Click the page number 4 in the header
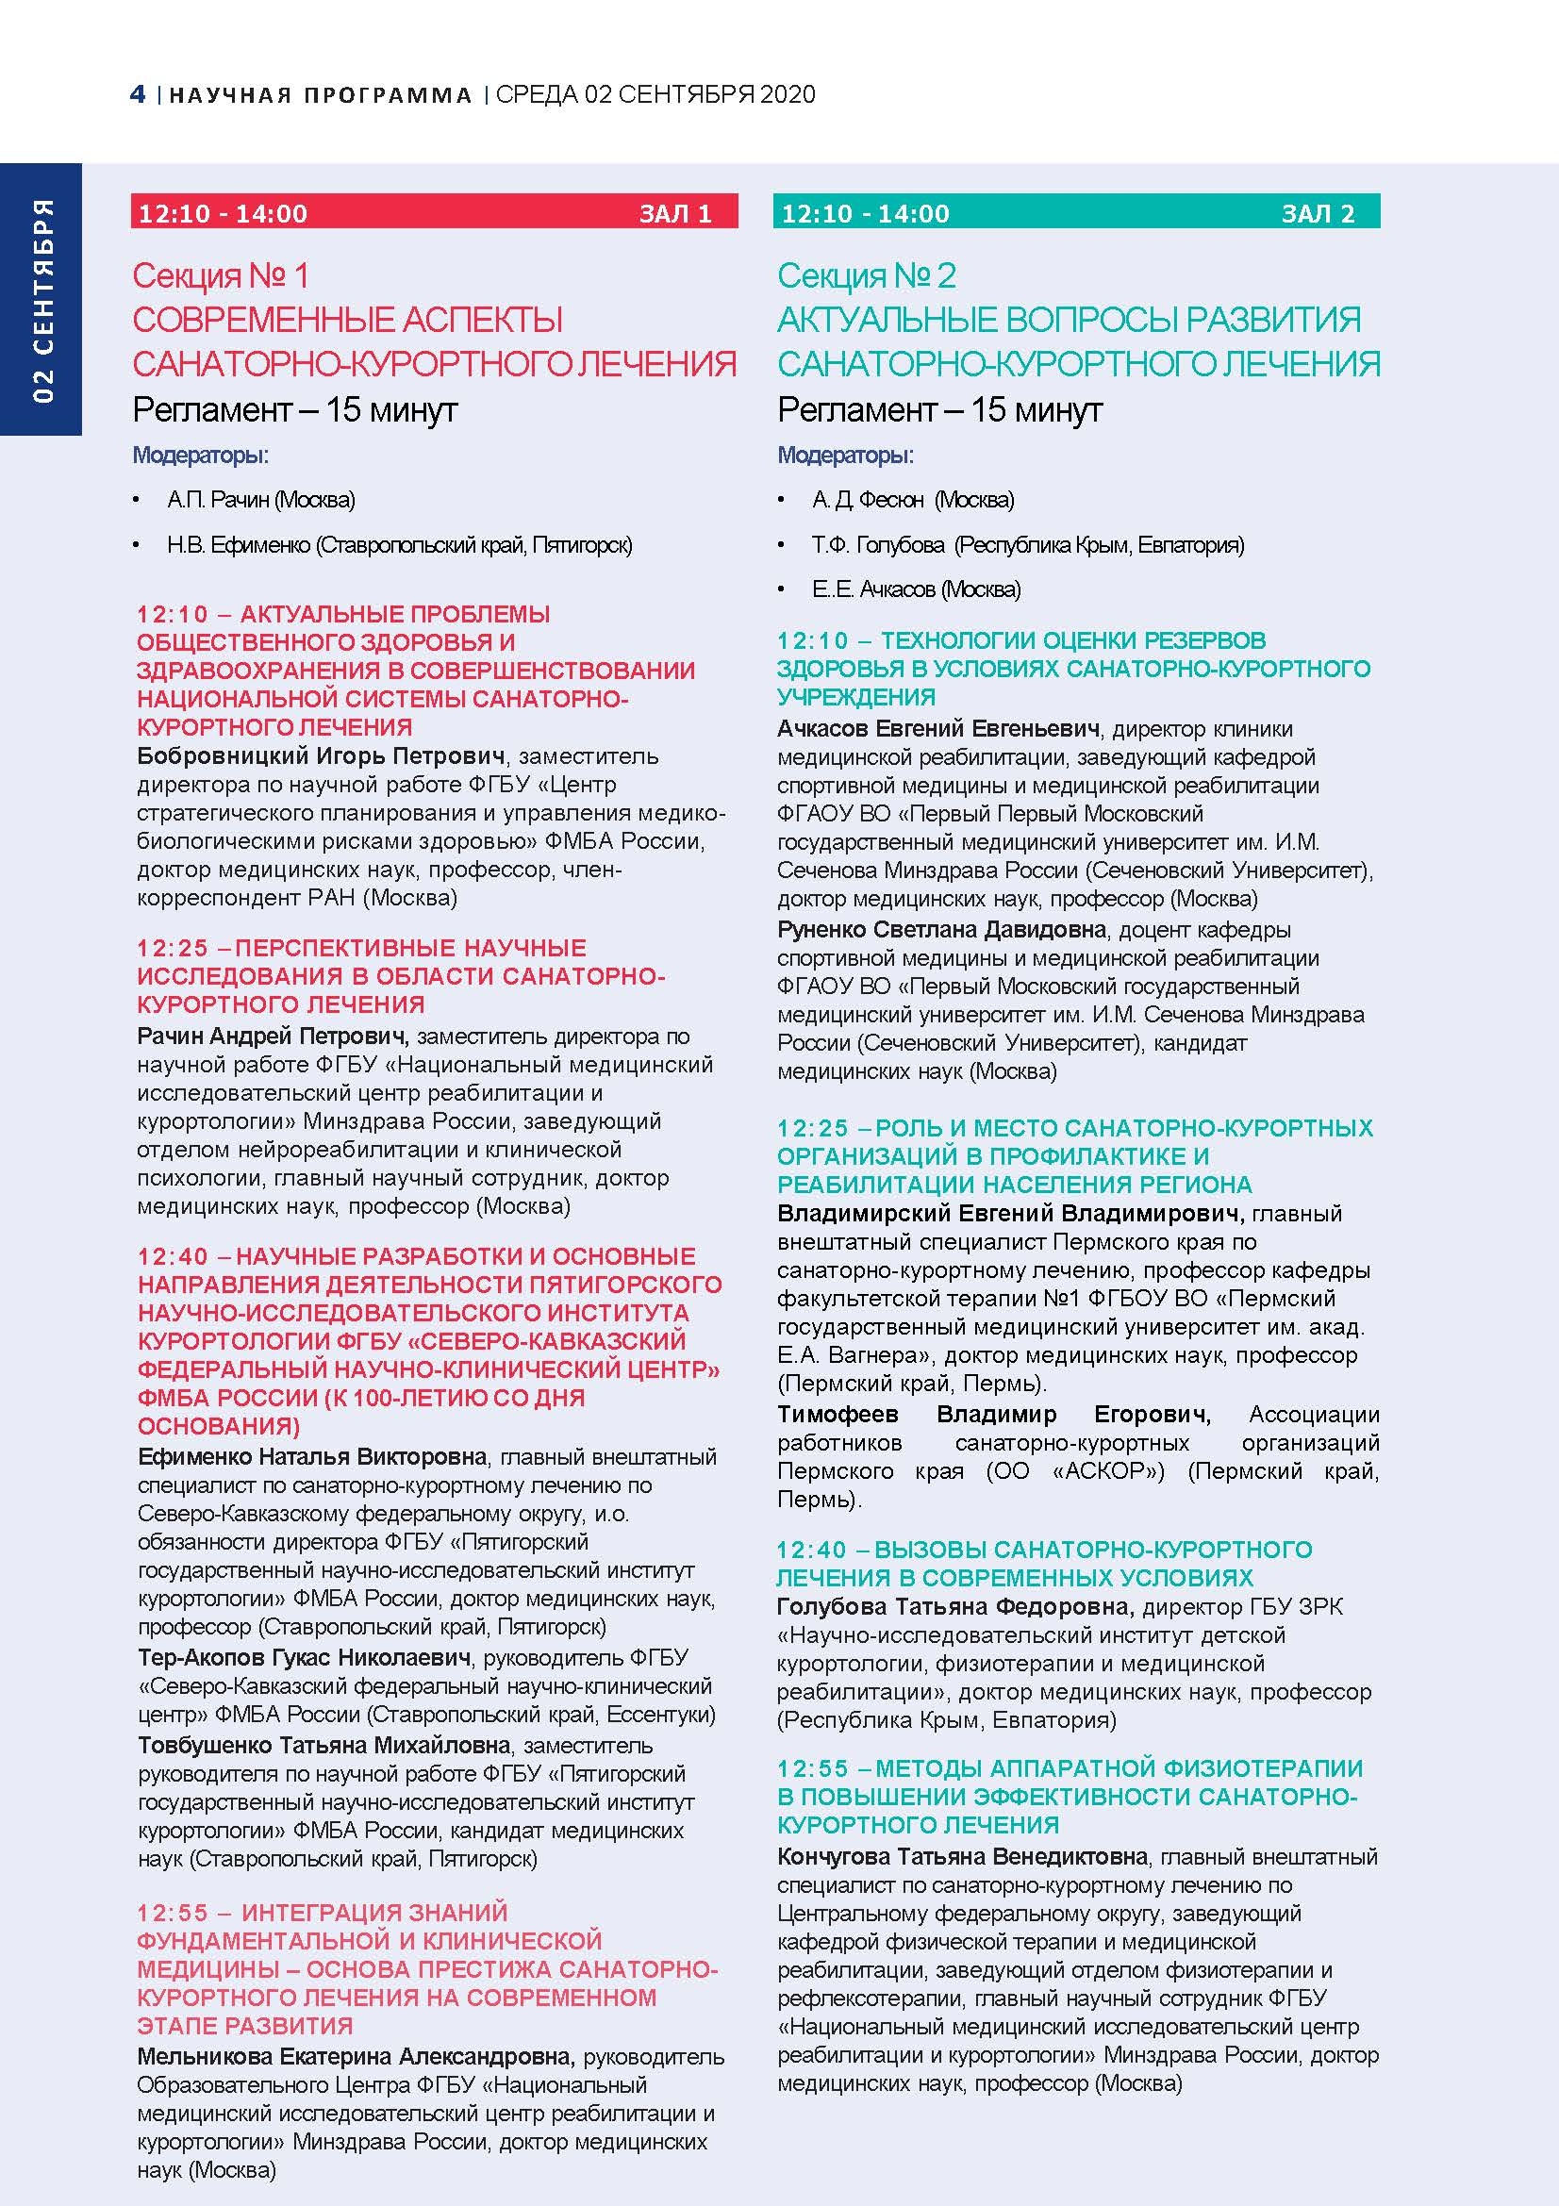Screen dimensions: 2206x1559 [138, 94]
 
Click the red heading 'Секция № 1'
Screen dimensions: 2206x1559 [221, 276]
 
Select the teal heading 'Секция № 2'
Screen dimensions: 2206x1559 [867, 276]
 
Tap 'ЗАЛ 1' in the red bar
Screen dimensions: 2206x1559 [675, 213]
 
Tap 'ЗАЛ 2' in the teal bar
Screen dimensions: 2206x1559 [1318, 213]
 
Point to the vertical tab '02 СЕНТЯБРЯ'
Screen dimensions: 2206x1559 [42, 301]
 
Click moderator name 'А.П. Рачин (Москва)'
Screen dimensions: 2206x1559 [260, 500]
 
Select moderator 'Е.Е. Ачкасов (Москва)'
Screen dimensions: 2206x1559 [916, 589]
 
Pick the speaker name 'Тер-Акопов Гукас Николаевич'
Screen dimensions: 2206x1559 [305, 1657]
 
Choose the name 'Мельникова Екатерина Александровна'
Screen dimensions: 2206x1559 [356, 2057]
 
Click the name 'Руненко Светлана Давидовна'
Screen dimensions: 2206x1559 [941, 930]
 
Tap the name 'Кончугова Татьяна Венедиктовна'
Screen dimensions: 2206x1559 [963, 1856]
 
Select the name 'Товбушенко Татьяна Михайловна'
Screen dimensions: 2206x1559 [323, 1745]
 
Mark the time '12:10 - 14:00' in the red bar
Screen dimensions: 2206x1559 [223, 213]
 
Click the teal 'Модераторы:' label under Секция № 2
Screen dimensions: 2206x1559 [845, 456]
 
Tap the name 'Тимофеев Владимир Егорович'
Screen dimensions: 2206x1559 [993, 1415]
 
